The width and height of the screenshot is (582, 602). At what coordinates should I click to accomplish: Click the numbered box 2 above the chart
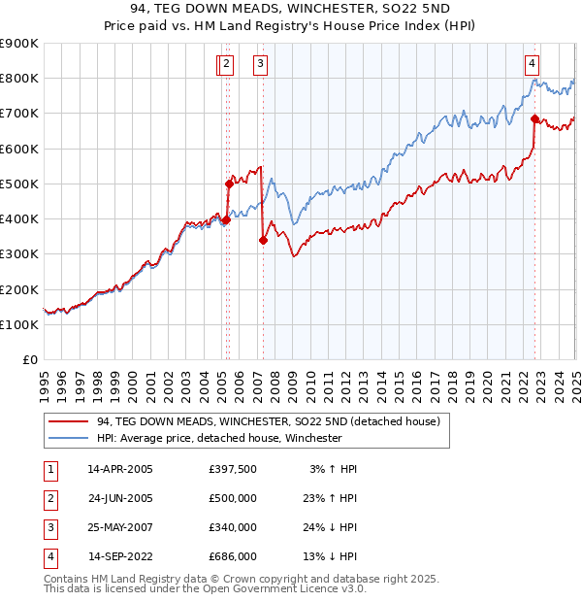(225, 65)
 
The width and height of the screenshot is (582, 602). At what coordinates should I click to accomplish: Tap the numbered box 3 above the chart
(262, 65)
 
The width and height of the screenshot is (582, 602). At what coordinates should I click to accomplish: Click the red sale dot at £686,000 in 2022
(535, 119)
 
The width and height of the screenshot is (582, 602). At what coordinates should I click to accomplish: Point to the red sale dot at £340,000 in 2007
(263, 241)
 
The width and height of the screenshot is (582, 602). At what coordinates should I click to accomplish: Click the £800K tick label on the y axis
(19, 79)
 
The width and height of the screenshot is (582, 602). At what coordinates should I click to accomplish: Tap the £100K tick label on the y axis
(19, 325)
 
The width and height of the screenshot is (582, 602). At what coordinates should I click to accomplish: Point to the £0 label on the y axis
(31, 360)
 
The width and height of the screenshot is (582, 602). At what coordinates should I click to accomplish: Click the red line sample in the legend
(68, 421)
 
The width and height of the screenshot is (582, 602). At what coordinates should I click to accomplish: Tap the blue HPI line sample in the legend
(68, 438)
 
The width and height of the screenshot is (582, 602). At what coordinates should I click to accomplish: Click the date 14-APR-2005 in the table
(120, 470)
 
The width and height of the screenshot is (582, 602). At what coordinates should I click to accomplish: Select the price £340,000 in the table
(233, 528)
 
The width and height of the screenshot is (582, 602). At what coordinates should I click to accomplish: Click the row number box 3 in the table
(48, 528)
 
